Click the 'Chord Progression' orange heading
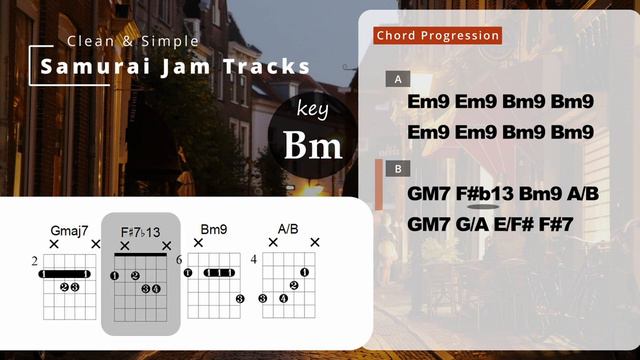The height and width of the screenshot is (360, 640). coord(438,36)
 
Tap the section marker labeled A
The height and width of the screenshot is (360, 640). coord(398,79)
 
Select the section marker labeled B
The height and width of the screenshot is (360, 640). coord(398,169)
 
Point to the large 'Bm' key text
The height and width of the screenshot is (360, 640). coord(313,146)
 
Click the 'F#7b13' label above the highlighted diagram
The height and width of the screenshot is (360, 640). coord(141,231)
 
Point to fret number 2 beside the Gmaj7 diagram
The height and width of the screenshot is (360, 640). coord(34,262)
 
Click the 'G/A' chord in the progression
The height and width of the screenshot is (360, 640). coord(472,224)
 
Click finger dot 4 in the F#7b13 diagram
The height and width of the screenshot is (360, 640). coord(156,289)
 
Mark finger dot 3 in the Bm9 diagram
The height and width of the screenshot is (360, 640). coord(239,298)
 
